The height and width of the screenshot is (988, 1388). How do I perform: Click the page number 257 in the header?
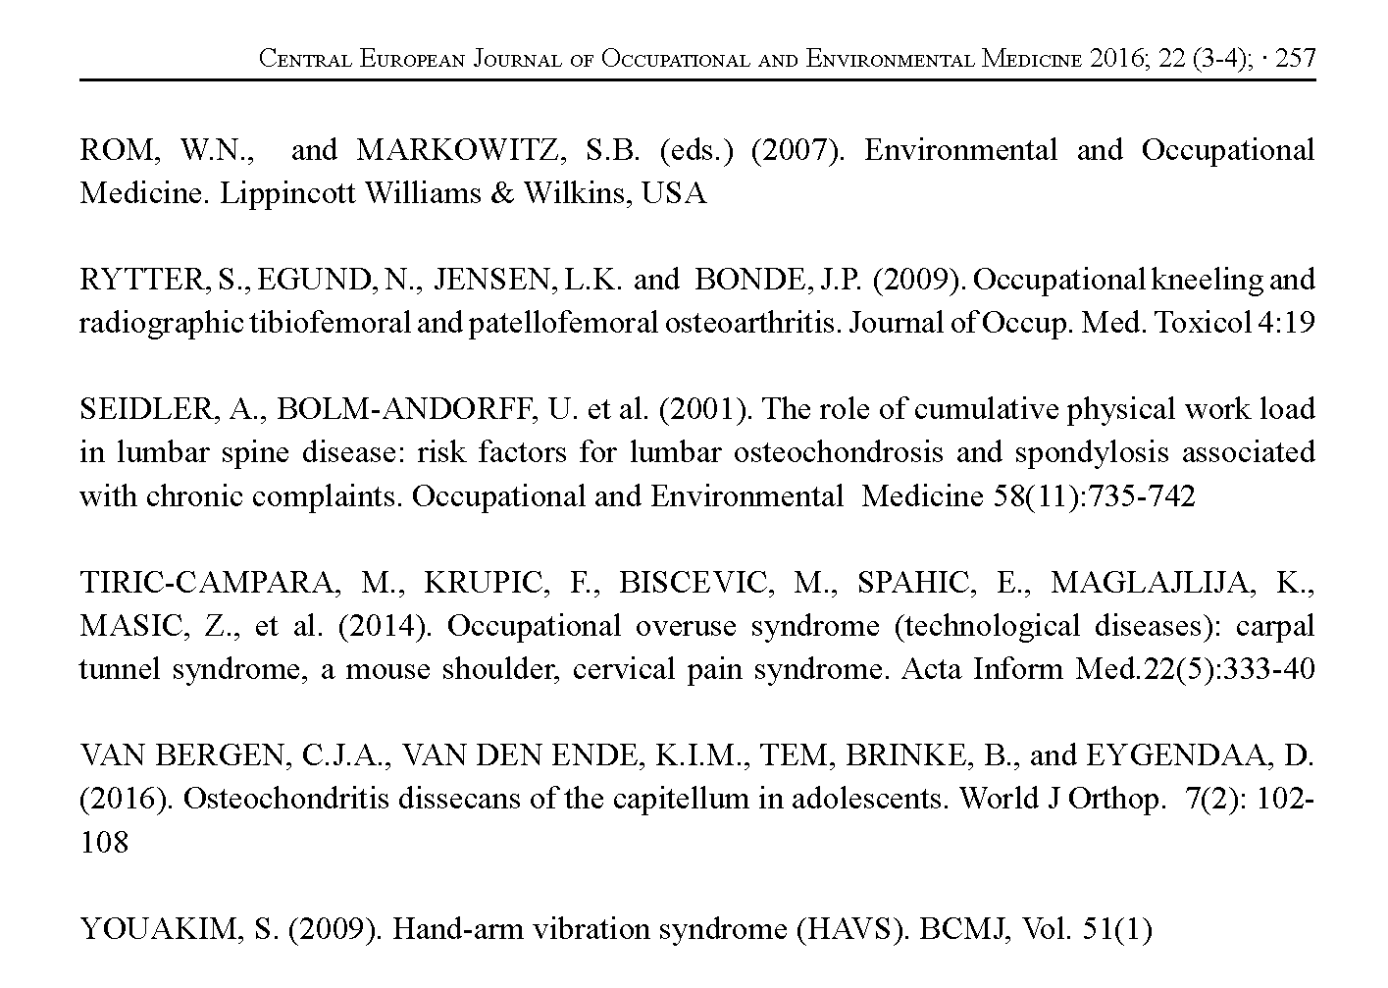pos(1294,58)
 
